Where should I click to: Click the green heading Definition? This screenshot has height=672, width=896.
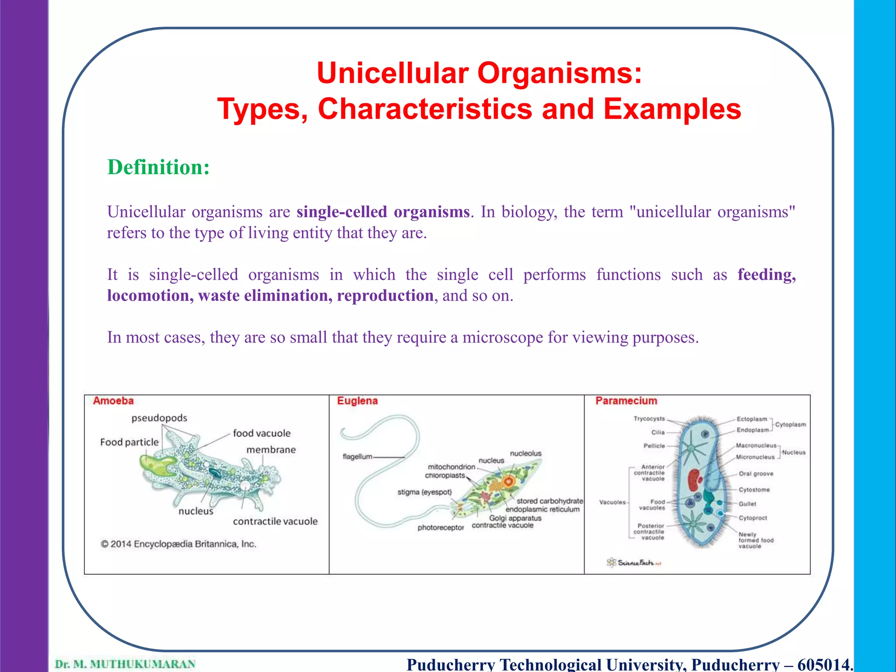158,168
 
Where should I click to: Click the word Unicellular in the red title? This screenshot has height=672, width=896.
392,73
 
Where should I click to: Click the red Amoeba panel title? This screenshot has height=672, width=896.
113,401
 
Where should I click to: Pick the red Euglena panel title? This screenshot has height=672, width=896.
357,401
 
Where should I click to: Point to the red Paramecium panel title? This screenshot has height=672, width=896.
626,401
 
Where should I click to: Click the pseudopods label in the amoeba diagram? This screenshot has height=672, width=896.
159,418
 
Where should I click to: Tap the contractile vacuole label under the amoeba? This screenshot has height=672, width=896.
275,521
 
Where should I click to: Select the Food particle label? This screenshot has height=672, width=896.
129,442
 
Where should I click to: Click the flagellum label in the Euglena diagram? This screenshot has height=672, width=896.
357,457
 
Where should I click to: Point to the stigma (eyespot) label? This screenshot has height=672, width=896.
424,492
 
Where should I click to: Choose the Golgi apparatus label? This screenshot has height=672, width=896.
515,518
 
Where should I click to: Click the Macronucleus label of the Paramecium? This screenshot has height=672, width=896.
756,445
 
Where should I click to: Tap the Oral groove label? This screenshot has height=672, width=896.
756,473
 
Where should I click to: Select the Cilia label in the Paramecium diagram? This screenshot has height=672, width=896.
658,432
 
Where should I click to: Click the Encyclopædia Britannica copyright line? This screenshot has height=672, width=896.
178,544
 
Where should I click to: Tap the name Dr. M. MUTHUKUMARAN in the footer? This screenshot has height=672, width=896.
125,664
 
